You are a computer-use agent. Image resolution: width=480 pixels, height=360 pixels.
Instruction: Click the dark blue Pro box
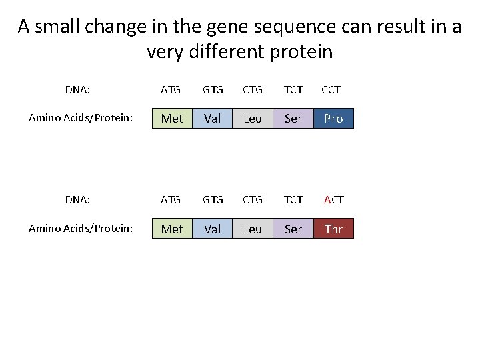[333, 119]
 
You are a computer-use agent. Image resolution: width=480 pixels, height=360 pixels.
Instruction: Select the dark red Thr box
[333, 229]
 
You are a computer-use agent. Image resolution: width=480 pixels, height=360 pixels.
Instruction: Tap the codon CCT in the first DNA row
[331, 89]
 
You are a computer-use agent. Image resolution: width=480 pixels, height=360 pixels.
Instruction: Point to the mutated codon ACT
[333, 199]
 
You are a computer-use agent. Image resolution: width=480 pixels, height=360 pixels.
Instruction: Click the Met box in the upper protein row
[172, 119]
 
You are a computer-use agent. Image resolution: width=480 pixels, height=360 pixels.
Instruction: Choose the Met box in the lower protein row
[172, 229]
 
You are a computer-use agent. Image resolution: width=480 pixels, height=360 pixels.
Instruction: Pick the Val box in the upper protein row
[213, 119]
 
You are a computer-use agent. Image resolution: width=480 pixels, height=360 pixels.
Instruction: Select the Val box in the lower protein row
[213, 229]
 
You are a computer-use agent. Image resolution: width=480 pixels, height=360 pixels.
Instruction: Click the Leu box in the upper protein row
[253, 119]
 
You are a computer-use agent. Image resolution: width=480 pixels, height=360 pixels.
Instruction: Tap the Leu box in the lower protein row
[253, 229]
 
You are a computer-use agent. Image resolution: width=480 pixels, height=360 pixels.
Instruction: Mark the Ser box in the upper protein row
[293, 119]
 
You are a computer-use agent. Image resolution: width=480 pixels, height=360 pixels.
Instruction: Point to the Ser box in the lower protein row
[293, 229]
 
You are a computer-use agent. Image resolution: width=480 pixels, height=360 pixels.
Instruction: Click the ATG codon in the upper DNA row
[171, 89]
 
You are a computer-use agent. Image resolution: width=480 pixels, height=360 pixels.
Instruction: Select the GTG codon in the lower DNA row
[213, 199]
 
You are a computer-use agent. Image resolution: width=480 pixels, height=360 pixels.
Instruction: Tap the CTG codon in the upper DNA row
[253, 89]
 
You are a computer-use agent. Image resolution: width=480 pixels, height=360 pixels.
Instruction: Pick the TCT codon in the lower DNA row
[293, 199]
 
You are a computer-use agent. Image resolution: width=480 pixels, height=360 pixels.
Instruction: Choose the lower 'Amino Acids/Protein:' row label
[81, 229]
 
